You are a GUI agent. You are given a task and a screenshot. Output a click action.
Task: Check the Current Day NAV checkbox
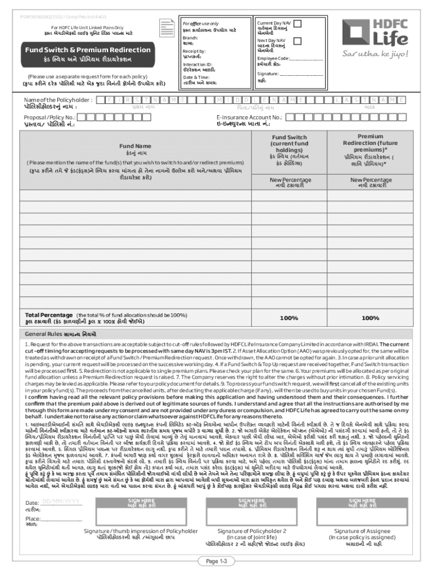[297, 24]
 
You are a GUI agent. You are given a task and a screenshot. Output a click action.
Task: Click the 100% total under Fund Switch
[289, 318]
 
